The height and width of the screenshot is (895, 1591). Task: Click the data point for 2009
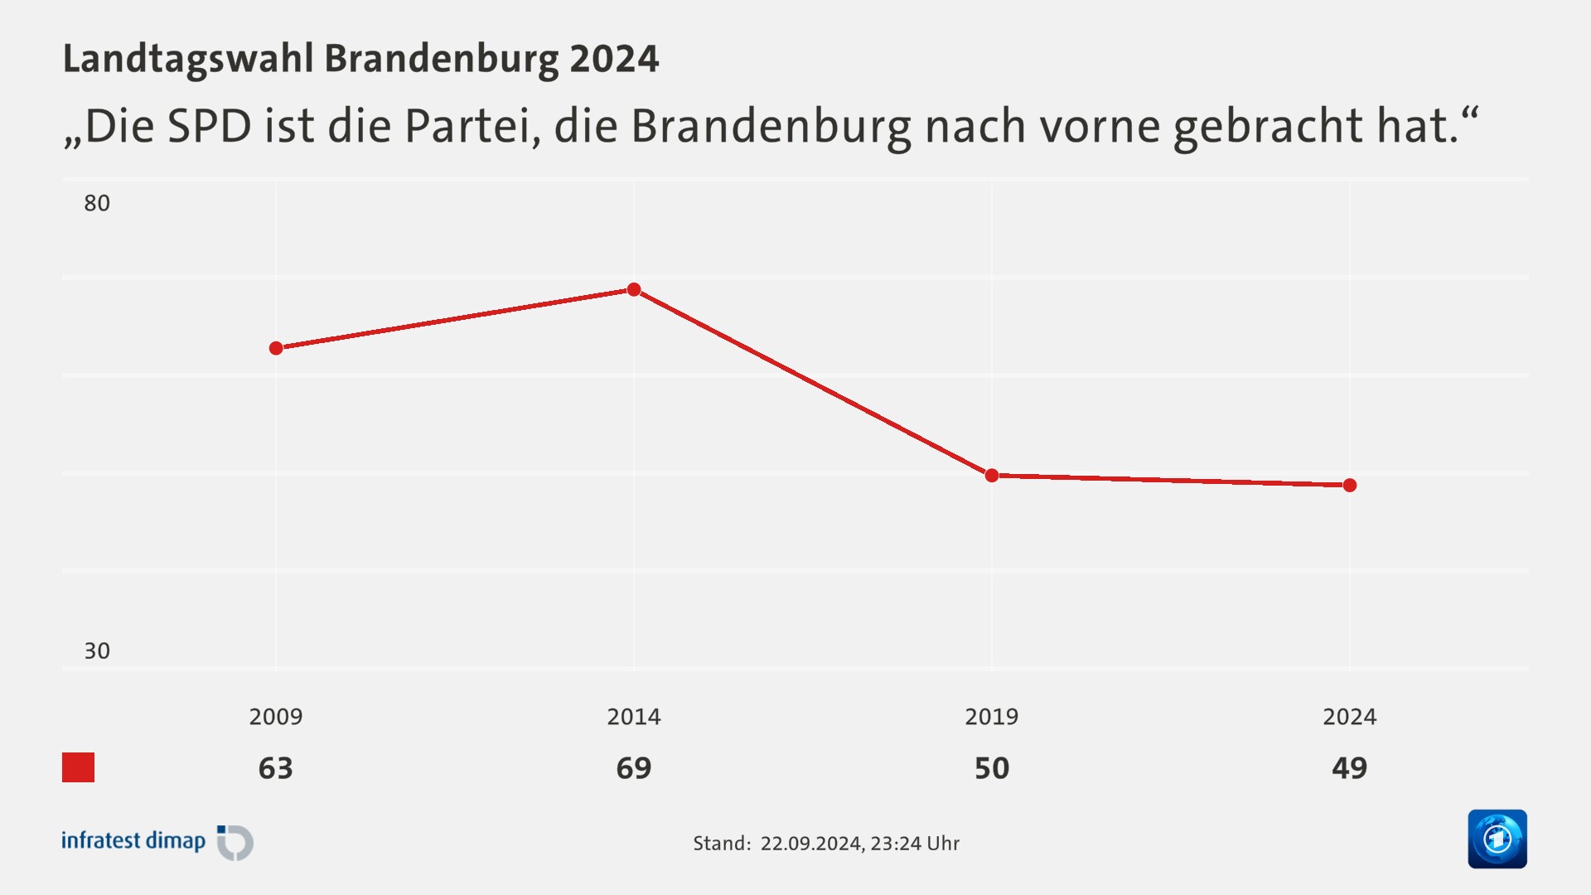click(x=276, y=348)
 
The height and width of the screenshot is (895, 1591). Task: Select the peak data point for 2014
click(x=634, y=289)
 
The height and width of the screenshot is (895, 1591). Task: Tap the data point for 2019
click(x=992, y=475)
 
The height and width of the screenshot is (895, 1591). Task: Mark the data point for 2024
click(x=1350, y=485)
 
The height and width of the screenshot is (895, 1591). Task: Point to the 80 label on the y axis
click(x=97, y=203)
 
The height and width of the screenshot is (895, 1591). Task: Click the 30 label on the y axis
click(x=97, y=651)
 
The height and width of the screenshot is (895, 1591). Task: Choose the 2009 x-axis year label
click(x=276, y=717)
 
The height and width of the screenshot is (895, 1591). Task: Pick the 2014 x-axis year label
click(x=634, y=717)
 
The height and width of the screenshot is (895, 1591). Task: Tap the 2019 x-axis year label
click(x=992, y=717)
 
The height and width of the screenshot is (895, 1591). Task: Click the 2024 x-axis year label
click(x=1350, y=717)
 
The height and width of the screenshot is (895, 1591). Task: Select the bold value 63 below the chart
click(x=276, y=768)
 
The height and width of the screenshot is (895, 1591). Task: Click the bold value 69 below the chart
click(x=634, y=768)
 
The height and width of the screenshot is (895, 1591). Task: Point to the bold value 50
click(x=992, y=768)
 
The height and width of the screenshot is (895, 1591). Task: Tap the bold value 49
click(x=1350, y=768)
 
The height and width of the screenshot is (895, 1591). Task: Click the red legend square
click(x=79, y=767)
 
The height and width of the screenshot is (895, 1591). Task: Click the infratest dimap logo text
click(x=133, y=841)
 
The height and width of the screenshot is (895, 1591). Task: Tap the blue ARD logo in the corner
click(x=1497, y=839)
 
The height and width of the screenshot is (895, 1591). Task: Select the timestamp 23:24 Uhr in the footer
click(x=915, y=844)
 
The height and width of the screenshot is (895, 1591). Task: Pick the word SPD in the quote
click(x=210, y=127)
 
